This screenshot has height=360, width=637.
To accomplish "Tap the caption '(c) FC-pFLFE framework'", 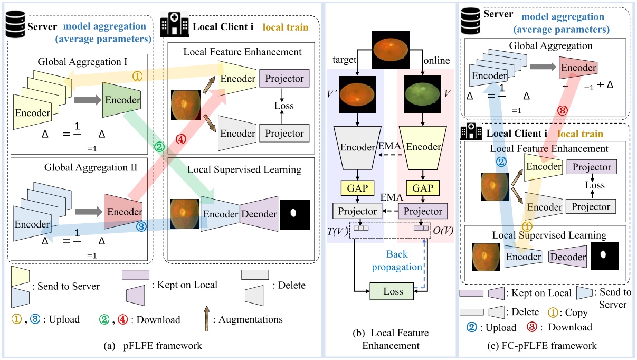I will click(x=547, y=346).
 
